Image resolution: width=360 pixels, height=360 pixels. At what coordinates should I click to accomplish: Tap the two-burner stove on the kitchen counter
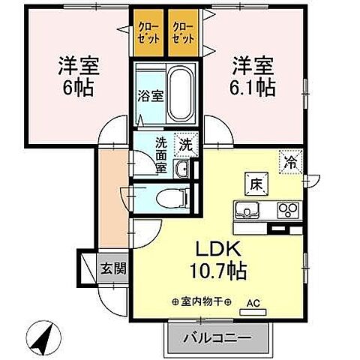click(x=287, y=209)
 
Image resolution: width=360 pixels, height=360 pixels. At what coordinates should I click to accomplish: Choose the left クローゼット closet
click(x=148, y=33)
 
